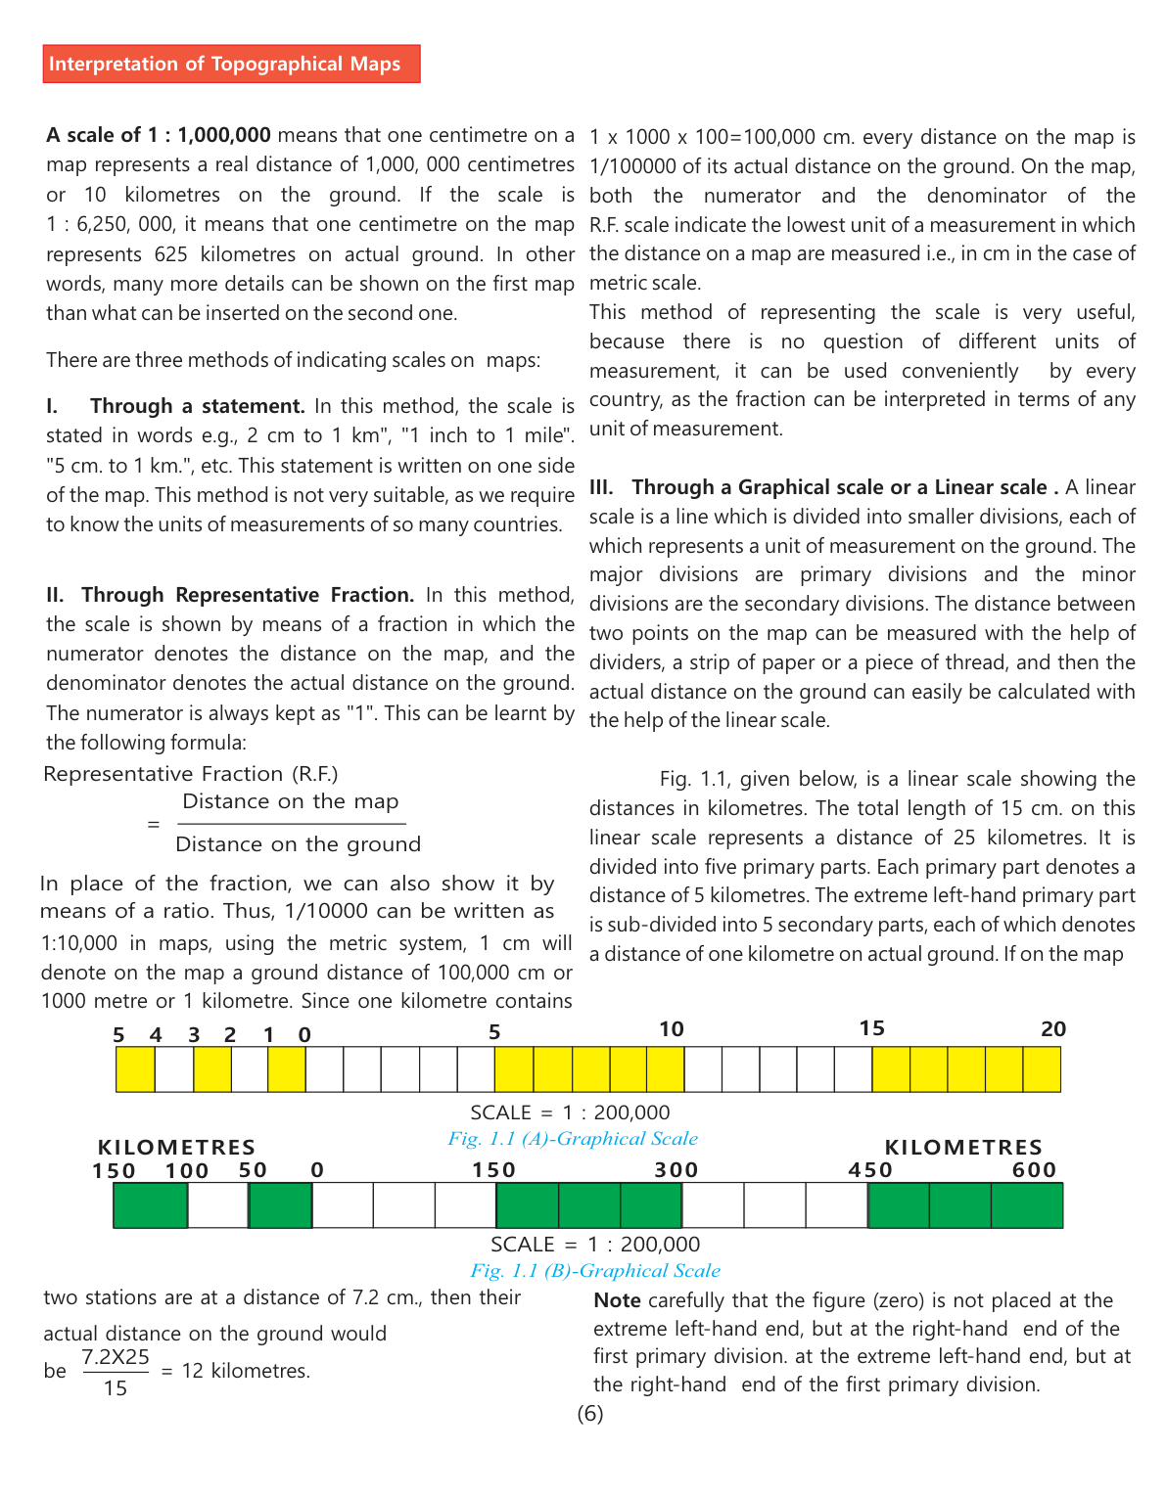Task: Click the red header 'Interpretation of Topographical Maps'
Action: point(231,64)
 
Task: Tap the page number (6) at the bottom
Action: point(590,1413)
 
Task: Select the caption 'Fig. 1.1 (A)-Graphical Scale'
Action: point(573,1139)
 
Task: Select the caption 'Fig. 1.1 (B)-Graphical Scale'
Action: point(595,1271)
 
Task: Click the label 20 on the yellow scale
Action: point(1053,1029)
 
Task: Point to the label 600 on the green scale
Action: point(1035,1170)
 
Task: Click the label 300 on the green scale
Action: point(676,1170)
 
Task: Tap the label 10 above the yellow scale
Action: point(672,1029)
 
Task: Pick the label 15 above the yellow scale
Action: point(872,1028)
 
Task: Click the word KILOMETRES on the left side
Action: point(177,1147)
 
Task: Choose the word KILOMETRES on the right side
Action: point(963,1147)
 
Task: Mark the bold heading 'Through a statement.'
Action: point(198,406)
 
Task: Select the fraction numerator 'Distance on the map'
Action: point(291,801)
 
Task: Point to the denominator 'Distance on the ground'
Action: point(299,844)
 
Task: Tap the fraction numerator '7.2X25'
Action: point(116,1357)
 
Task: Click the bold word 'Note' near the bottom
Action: point(618,1300)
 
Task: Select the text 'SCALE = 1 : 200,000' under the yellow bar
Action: point(570,1112)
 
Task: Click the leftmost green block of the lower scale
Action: point(150,1205)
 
